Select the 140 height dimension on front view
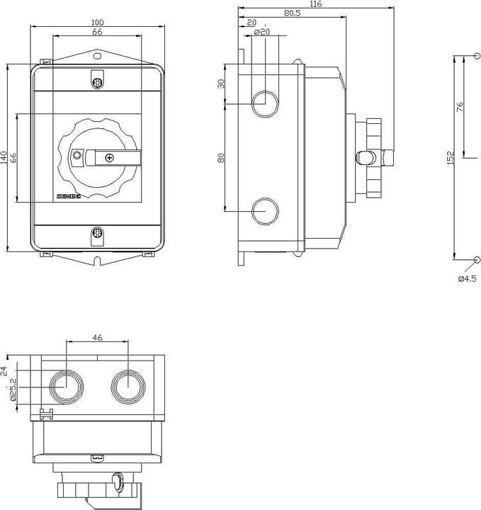point(4,157)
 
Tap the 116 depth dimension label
point(315,5)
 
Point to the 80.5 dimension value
point(291,13)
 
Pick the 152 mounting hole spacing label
point(451,159)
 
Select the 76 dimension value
point(460,107)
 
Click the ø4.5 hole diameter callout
point(467,279)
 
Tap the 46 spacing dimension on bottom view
point(97,338)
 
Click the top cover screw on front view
point(97,83)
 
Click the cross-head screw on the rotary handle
point(109,157)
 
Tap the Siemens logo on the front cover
point(69,195)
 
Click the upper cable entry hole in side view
point(264,102)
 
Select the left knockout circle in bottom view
point(65,385)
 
